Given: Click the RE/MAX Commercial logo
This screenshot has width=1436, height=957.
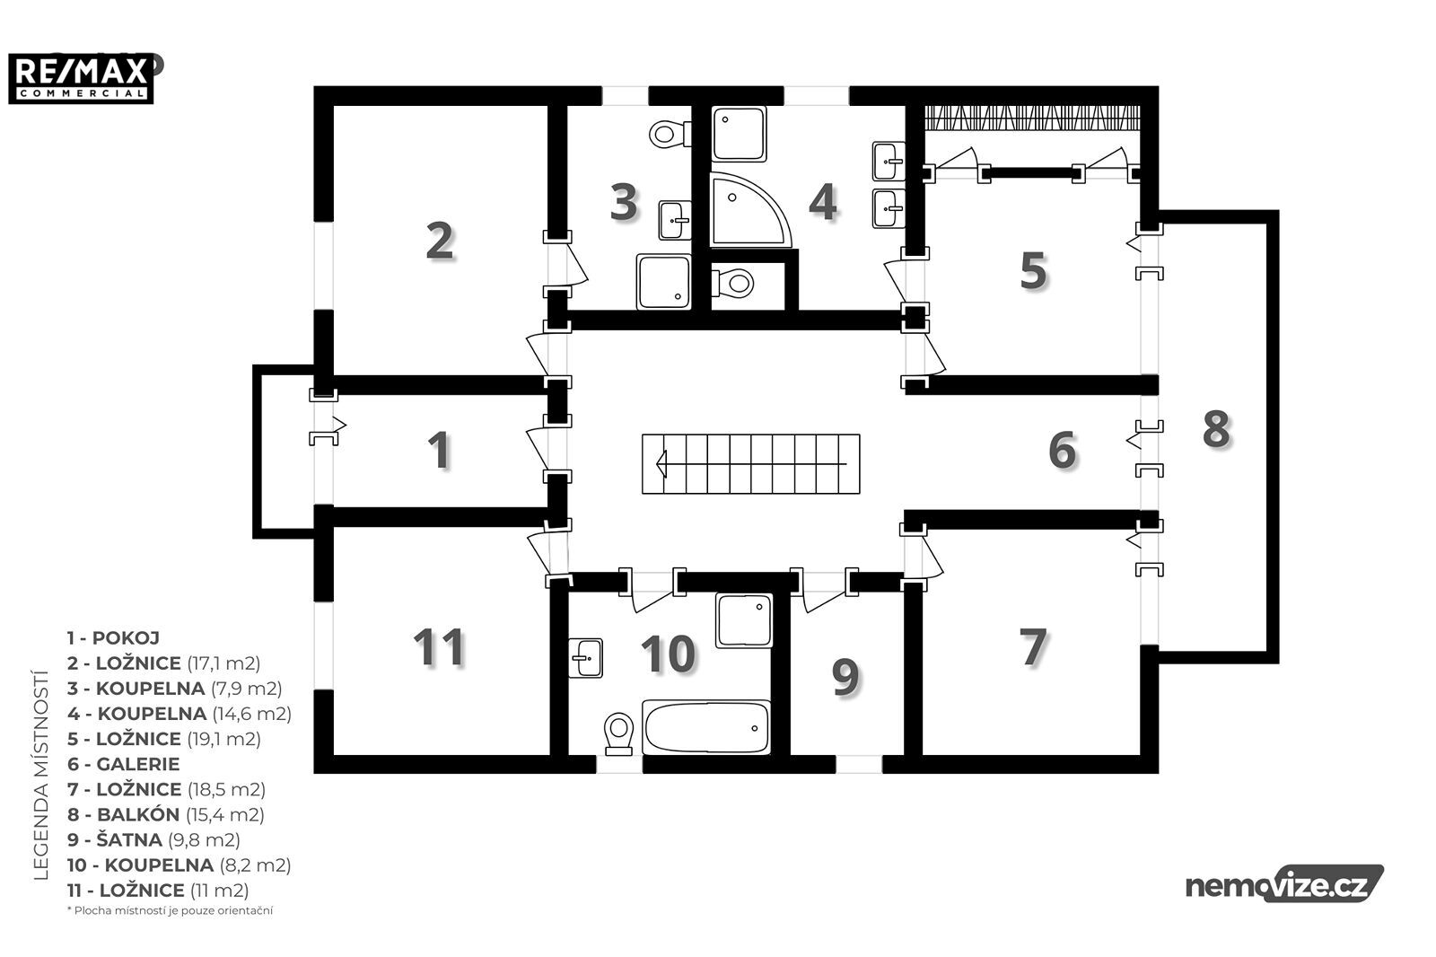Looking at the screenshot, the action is [x=81, y=78].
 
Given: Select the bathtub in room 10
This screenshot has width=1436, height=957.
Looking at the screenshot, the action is [x=705, y=727].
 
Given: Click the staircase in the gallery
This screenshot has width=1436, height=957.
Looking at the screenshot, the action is [x=750, y=464].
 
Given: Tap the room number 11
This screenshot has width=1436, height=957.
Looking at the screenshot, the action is [x=439, y=647].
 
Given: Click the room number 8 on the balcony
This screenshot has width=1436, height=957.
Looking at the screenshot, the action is [x=1216, y=429].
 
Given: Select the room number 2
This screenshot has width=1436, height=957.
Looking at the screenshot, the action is [x=440, y=241].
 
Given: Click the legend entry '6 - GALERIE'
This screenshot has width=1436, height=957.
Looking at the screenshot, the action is [x=123, y=764].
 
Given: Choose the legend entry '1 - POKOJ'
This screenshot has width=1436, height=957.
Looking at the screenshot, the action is [x=113, y=638].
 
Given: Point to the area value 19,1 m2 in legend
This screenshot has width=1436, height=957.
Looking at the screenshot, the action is [x=224, y=739].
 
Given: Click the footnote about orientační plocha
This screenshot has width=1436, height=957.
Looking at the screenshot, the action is [x=170, y=911].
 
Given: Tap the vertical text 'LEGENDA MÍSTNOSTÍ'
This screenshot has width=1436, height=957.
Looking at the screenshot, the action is [x=41, y=775].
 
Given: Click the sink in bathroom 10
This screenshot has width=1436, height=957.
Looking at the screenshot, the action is [x=585, y=657].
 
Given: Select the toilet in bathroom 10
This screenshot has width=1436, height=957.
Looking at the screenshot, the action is [x=618, y=733].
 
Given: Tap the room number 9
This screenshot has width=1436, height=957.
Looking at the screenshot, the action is [x=845, y=677].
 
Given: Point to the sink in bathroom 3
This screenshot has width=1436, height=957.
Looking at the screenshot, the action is [x=676, y=220].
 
